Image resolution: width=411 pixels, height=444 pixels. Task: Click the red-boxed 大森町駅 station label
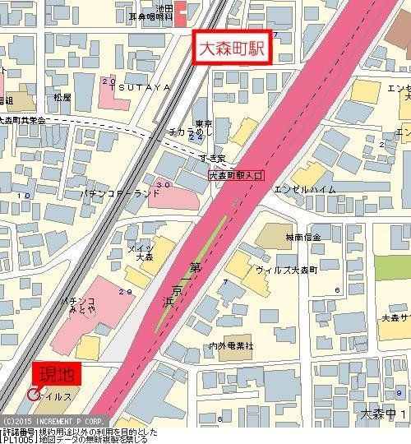click(x=231, y=46)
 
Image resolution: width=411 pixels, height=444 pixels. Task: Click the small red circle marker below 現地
click(x=33, y=395)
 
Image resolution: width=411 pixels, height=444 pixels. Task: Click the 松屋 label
click(x=62, y=97)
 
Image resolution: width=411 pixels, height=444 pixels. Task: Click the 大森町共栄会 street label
click(x=23, y=120)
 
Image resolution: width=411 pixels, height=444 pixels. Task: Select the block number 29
click(x=126, y=292)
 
